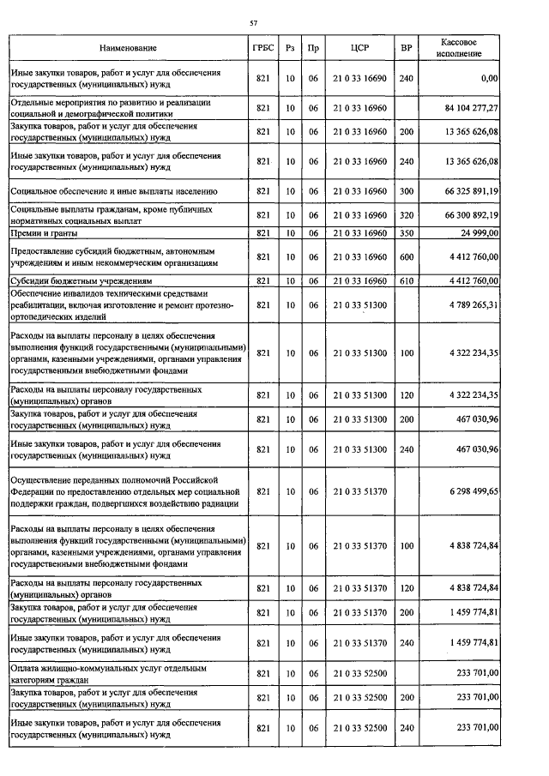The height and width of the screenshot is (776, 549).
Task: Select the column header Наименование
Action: click(128, 48)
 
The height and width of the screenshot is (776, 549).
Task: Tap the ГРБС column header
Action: click(263, 48)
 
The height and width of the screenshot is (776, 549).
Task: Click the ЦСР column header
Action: click(359, 48)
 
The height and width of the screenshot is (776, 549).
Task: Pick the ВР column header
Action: click(406, 48)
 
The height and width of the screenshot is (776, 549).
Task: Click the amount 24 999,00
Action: click(477, 232)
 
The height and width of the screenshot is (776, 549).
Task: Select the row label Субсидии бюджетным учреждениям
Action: click(81, 280)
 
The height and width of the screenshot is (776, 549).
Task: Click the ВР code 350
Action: click(406, 232)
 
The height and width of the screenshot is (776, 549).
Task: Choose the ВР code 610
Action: click(406, 280)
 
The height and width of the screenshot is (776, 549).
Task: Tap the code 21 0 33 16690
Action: click(359, 78)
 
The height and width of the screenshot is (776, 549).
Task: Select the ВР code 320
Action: click(406, 214)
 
